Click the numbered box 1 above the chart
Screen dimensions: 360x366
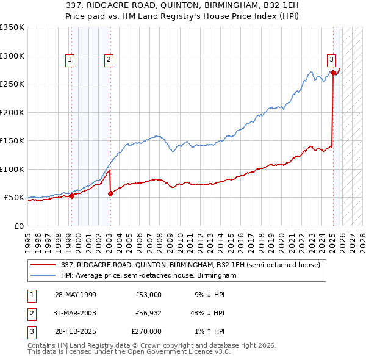71,60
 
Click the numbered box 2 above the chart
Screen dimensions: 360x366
108,60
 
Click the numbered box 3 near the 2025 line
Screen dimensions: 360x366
331,60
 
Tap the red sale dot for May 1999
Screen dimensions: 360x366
71,196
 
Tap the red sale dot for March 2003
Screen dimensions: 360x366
110,193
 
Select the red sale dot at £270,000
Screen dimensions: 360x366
334,73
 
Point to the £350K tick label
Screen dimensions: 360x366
12,27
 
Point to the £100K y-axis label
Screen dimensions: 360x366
12,169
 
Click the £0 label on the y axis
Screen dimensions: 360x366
20,226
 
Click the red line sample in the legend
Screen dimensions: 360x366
44,264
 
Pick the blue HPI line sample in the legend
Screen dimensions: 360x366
44,275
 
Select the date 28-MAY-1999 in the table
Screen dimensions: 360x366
75,295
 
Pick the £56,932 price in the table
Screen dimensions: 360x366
148,313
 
